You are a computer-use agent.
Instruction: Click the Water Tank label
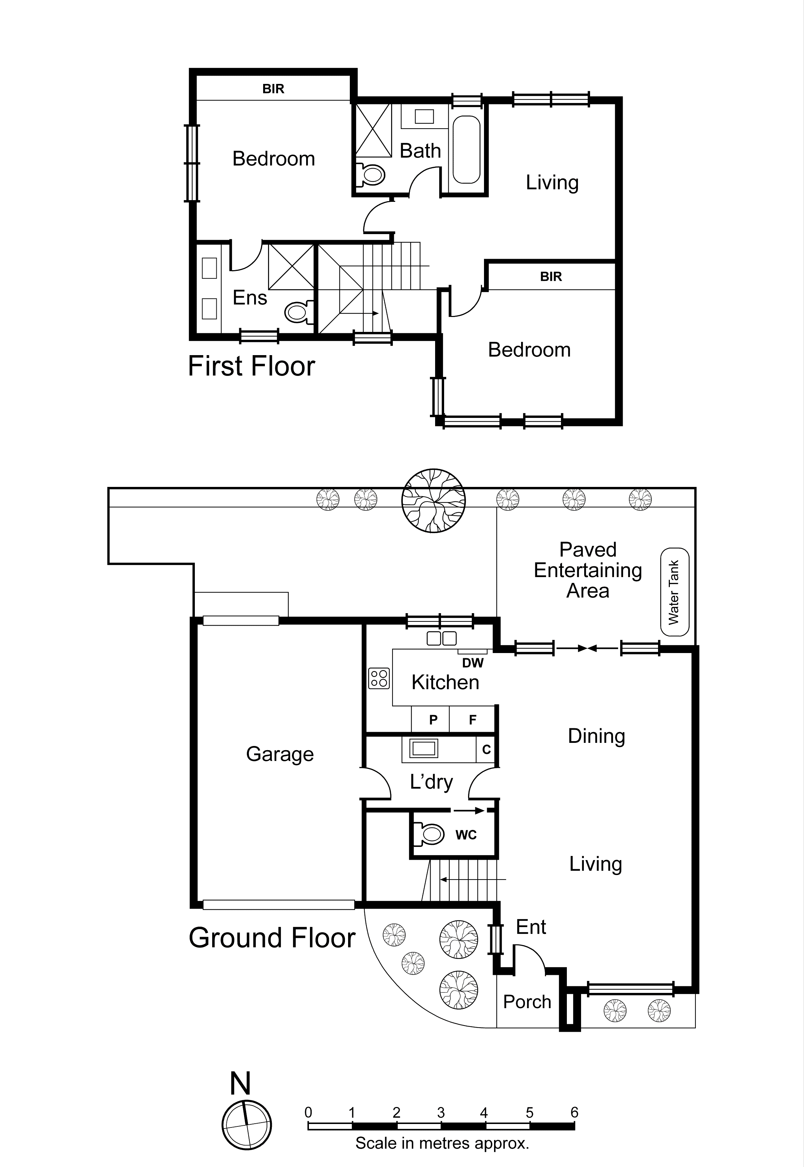pyautogui.click(x=674, y=592)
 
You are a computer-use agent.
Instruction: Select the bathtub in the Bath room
pyautogui.click(x=466, y=150)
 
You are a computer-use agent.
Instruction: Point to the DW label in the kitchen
pyautogui.click(x=473, y=663)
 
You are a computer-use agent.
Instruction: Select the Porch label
pyautogui.click(x=527, y=1002)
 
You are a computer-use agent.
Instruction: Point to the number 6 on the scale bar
pyautogui.click(x=574, y=1113)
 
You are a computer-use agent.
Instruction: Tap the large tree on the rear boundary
pyautogui.click(x=433, y=500)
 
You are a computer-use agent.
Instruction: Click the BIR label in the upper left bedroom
pyautogui.click(x=273, y=89)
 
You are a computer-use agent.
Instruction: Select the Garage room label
pyautogui.click(x=279, y=754)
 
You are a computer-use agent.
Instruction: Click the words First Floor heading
pyautogui.click(x=251, y=366)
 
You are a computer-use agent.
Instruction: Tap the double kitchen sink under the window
pyautogui.click(x=442, y=638)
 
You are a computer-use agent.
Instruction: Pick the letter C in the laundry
pyautogui.click(x=486, y=749)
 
